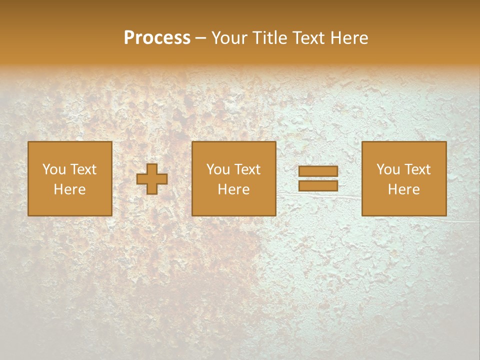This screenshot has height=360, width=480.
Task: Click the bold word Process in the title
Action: pyautogui.click(x=157, y=38)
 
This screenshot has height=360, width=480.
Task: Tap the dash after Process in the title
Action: pyautogui.click(x=200, y=38)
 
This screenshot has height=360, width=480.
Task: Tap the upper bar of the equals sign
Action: pyautogui.click(x=318, y=171)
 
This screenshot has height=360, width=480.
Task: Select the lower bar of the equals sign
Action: pyautogui.click(x=318, y=185)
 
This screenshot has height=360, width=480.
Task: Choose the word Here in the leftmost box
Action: pyautogui.click(x=69, y=189)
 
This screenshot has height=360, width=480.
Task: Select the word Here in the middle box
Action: pyautogui.click(x=233, y=189)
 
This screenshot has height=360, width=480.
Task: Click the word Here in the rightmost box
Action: pyautogui.click(x=403, y=189)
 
